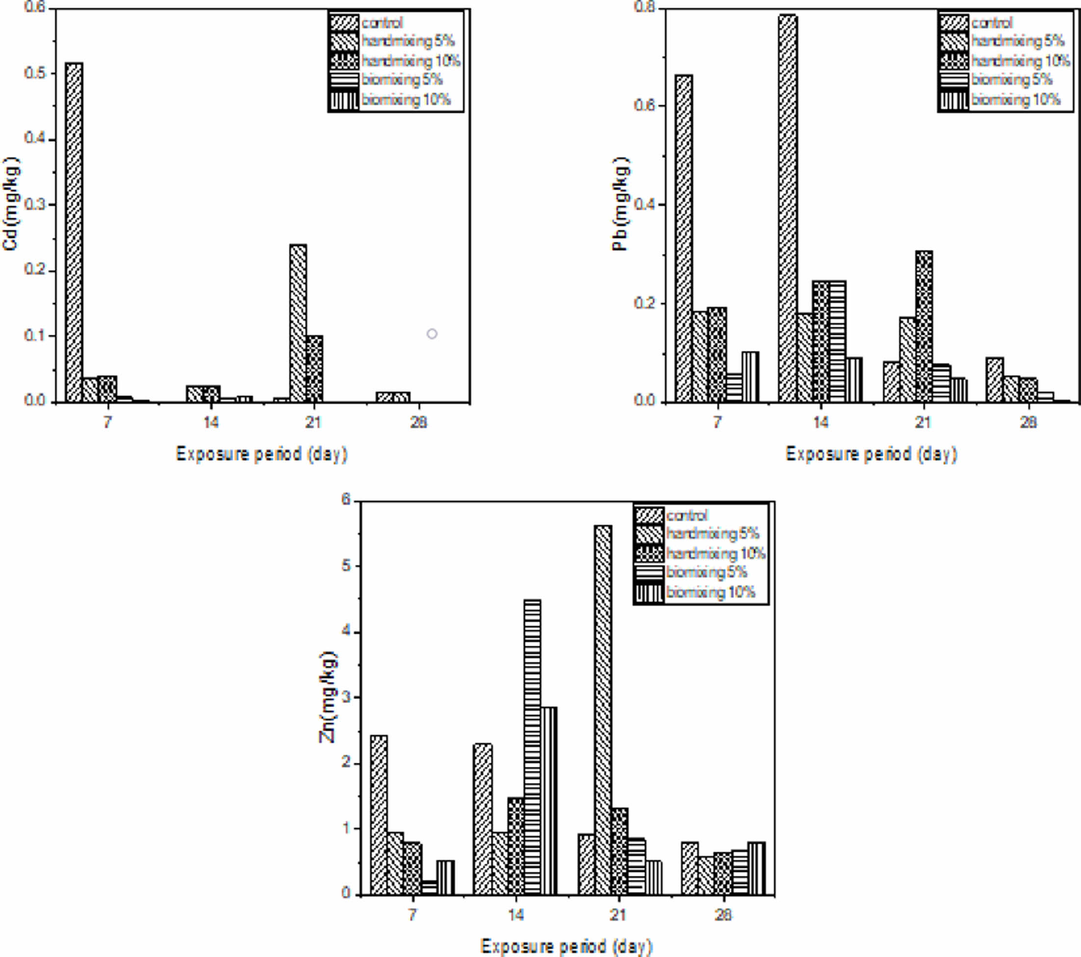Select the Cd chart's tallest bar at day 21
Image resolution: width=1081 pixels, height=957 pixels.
coord(298,323)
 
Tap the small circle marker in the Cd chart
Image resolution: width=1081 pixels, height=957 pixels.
coord(432,334)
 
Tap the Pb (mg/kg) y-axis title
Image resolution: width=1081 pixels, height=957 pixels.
coord(620,203)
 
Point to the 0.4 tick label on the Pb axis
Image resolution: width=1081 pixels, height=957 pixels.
coord(644,205)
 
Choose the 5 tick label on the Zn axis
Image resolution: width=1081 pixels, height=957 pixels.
coord(347,566)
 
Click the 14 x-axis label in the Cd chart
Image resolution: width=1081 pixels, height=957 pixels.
coord(210,422)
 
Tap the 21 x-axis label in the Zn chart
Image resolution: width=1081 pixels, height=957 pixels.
coord(618,915)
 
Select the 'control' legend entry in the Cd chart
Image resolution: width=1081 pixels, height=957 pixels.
coord(382,23)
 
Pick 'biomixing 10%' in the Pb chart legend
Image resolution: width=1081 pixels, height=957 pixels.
coord(1015,100)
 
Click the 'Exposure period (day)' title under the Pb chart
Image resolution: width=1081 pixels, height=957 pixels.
coord(871,454)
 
